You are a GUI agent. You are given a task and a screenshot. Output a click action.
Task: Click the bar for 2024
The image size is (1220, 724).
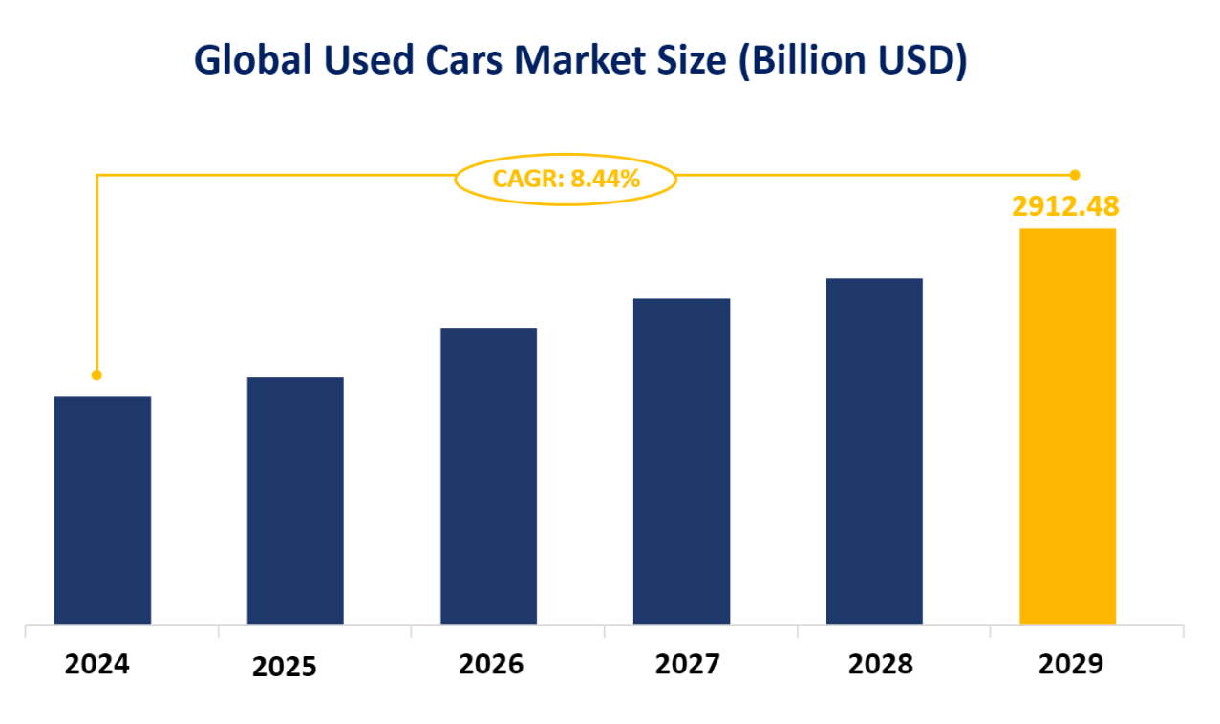(102, 510)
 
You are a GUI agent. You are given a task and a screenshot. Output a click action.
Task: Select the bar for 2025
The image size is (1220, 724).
(295, 500)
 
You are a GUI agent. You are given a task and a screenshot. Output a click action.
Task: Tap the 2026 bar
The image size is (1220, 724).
(488, 476)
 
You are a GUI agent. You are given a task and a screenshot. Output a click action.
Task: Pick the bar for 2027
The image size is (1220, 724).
(681, 461)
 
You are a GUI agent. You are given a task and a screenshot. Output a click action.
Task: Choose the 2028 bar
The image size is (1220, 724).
(874, 451)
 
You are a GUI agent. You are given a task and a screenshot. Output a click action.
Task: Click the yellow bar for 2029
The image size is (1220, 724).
(1067, 426)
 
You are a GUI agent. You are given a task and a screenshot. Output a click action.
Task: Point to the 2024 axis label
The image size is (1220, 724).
(96, 664)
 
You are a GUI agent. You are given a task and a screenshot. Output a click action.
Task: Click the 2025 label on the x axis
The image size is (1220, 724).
(284, 667)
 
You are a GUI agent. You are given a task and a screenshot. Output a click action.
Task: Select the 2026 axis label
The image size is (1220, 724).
(491, 664)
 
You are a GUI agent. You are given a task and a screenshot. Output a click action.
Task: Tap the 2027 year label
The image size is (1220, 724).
(687, 664)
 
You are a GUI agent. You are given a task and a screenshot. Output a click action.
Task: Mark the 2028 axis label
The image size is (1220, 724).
(880, 664)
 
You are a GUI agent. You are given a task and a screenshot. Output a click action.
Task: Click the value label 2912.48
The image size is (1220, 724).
(1065, 205)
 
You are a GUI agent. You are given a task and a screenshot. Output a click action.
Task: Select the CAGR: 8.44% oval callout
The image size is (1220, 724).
(566, 178)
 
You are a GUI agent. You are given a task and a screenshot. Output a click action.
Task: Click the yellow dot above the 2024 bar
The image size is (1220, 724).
(96, 375)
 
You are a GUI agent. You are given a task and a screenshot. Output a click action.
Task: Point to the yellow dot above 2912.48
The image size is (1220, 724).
(1075, 175)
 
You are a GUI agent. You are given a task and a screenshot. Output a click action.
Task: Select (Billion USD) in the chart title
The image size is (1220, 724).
(856, 61)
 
